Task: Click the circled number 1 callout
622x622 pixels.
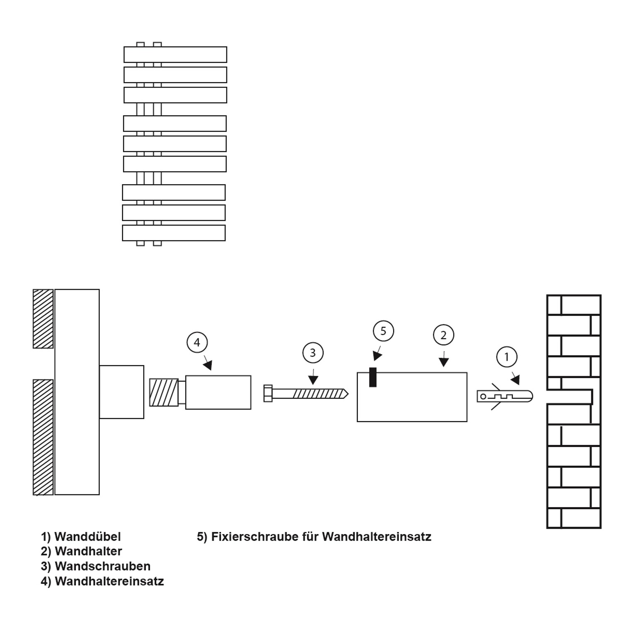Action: (506, 357)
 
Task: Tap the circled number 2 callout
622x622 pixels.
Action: (443, 335)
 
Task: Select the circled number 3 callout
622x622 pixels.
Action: (313, 353)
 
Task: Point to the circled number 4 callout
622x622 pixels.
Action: (197, 343)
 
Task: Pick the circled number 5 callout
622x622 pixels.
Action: (383, 331)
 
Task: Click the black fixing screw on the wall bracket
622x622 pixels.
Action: (373, 377)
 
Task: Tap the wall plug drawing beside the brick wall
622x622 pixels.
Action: (505, 396)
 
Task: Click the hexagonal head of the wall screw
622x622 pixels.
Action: (268, 393)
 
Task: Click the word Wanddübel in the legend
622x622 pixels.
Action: (87, 537)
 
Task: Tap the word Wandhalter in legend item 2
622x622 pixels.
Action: (88, 552)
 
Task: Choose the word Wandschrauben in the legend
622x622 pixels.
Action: (102, 566)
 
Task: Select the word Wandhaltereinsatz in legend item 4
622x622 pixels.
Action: (109, 581)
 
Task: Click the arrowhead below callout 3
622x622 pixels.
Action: (313, 380)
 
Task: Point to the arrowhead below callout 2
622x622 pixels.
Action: (444, 362)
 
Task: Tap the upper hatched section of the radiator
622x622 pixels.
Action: (43, 318)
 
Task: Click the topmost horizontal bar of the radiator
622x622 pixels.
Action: (175, 54)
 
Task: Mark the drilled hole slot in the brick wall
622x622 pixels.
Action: (570, 397)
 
